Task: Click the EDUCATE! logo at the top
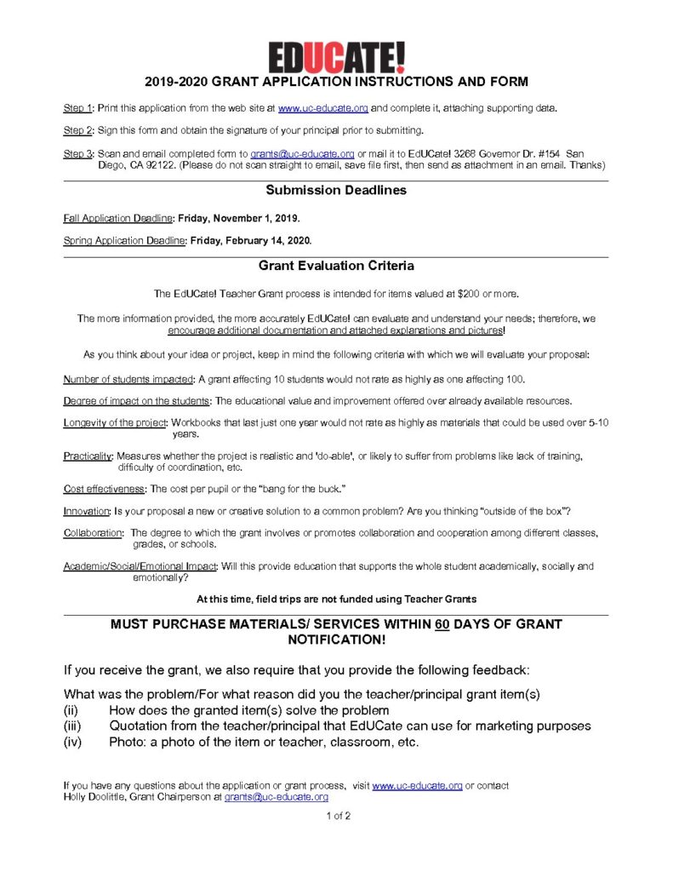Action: point(337,57)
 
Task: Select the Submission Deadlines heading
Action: point(336,190)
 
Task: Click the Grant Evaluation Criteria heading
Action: point(336,266)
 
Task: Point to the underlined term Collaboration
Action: point(92,533)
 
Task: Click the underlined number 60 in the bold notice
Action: point(442,624)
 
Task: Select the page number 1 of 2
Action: point(338,816)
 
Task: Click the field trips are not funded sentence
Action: point(336,599)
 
